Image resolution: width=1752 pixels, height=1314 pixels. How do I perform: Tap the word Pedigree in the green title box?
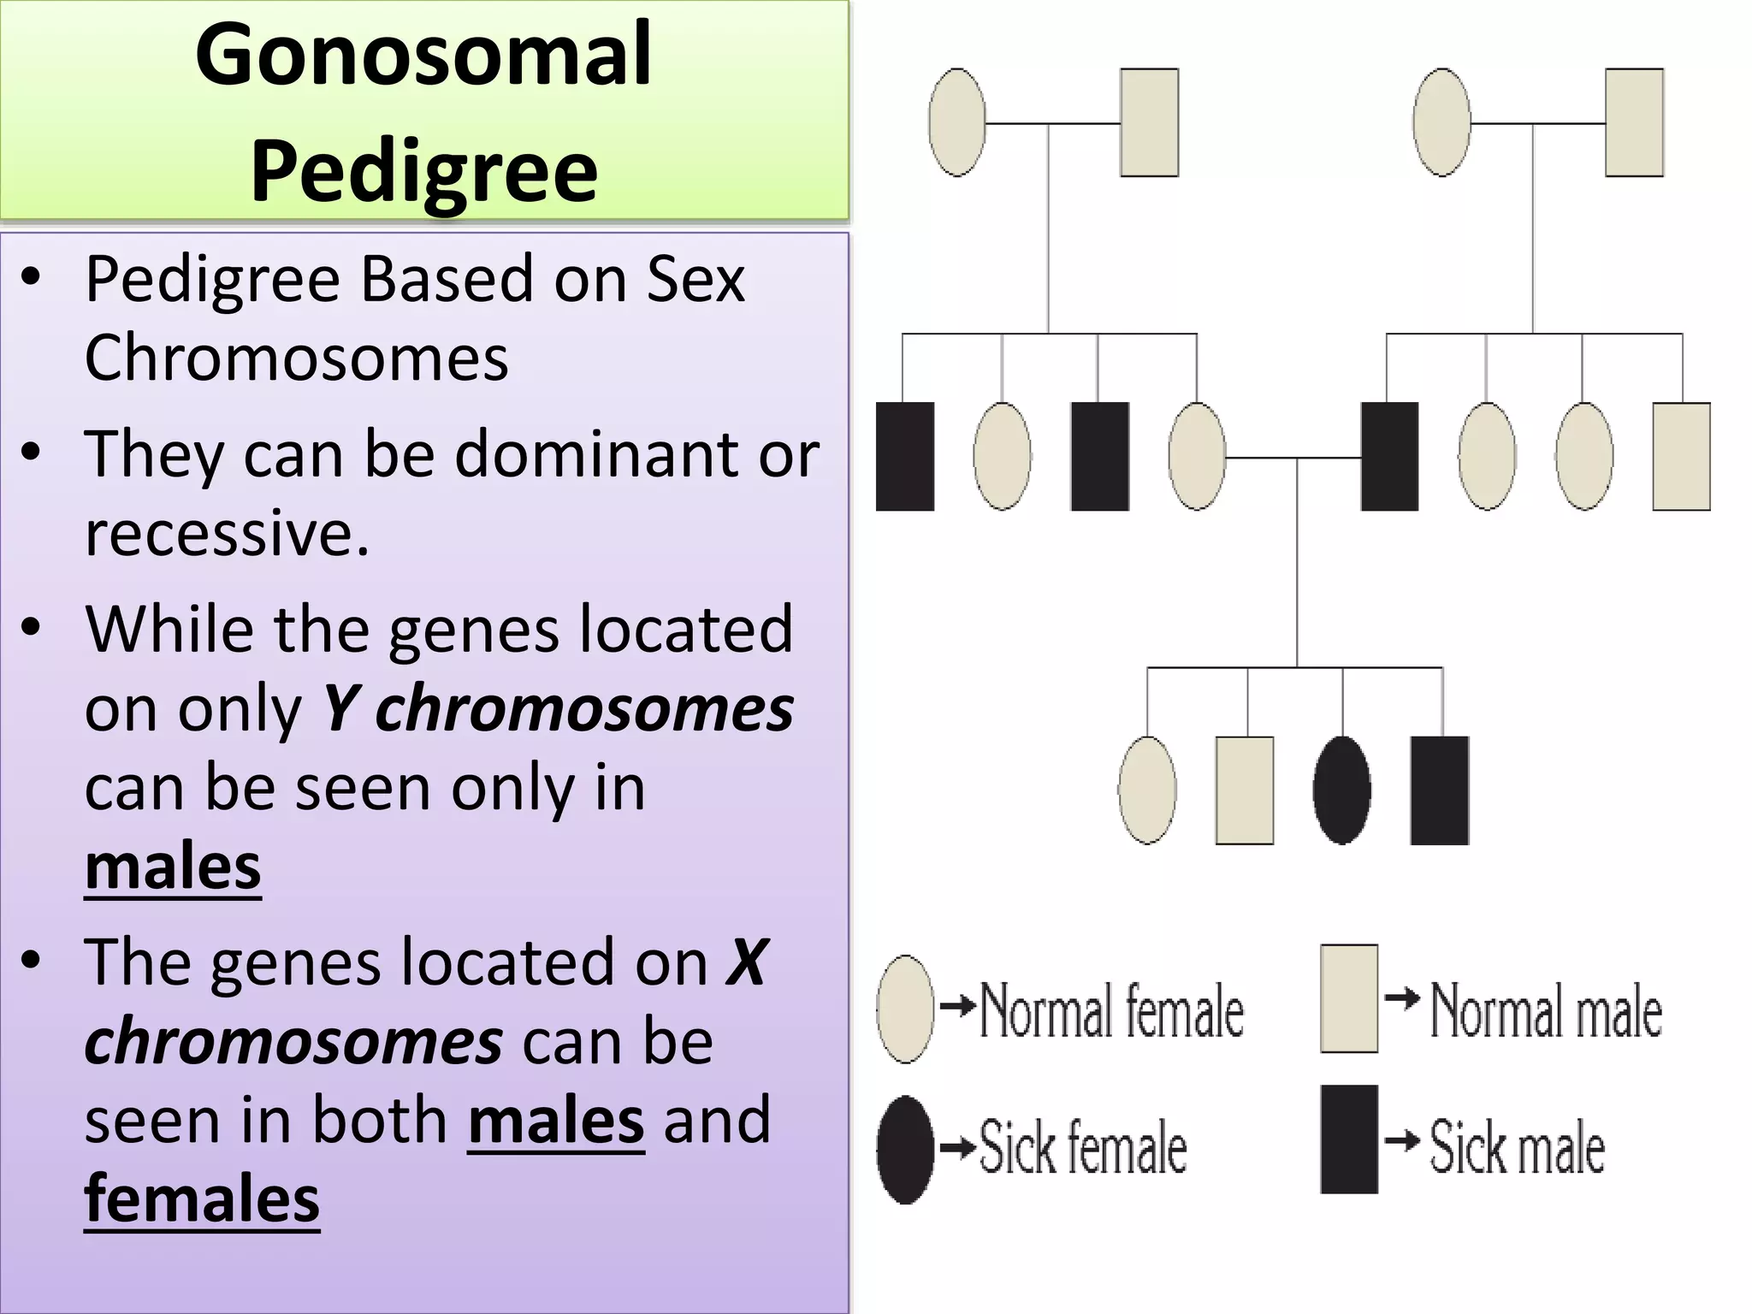(x=423, y=171)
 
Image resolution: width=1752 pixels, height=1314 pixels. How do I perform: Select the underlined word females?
(x=202, y=1199)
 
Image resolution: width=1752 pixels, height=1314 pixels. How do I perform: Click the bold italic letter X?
(x=747, y=963)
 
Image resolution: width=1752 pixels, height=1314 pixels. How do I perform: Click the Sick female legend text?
(x=1083, y=1147)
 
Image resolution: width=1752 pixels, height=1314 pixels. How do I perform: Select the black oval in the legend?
(x=905, y=1149)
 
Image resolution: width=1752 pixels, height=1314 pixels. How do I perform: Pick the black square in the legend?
(x=1349, y=1139)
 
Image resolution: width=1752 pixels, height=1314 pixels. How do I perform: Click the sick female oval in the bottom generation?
(x=1342, y=790)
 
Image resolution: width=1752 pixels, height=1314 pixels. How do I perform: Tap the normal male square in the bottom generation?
(x=1245, y=790)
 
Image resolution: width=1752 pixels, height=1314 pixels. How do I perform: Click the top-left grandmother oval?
(x=957, y=122)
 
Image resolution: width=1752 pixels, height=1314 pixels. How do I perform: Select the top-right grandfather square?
(x=1634, y=122)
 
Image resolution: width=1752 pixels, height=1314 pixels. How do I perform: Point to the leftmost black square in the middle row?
(x=905, y=456)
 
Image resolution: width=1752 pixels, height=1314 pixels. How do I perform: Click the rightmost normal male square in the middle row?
(x=1681, y=456)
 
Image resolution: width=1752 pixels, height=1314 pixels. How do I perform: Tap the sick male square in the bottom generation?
(x=1440, y=790)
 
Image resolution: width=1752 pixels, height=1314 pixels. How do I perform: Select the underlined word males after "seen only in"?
(x=173, y=867)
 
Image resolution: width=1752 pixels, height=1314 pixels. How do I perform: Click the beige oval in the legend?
(x=905, y=1009)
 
